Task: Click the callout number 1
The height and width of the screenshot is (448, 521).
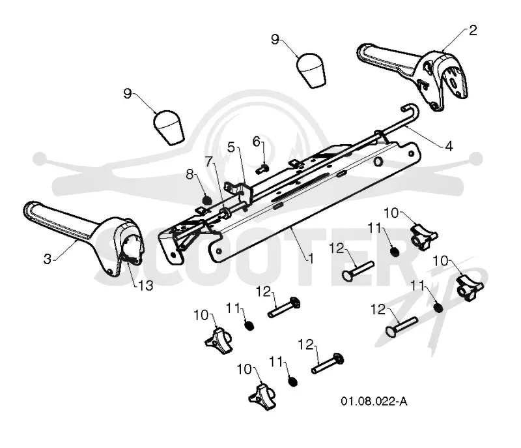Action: pos(311,258)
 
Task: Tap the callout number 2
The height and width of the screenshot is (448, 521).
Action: pos(473,31)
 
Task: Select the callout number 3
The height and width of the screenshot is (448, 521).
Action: pos(48,259)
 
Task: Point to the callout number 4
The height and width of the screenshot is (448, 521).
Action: pos(449,145)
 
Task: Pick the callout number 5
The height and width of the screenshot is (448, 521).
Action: pos(231,147)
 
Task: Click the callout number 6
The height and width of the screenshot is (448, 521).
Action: pos(256,142)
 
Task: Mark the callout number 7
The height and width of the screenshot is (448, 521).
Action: pos(208,161)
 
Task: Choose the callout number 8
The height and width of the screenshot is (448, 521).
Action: pos(190,174)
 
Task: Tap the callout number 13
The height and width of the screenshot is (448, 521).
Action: pos(145,286)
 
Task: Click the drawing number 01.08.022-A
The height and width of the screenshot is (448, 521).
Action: pos(374,401)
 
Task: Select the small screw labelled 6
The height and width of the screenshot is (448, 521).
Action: pos(262,170)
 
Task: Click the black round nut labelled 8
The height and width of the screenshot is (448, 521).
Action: pos(207,201)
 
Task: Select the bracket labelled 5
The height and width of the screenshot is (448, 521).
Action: pos(240,193)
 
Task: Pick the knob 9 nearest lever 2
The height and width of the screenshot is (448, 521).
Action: pos(311,70)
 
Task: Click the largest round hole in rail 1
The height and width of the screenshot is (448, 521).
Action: pos(378,162)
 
